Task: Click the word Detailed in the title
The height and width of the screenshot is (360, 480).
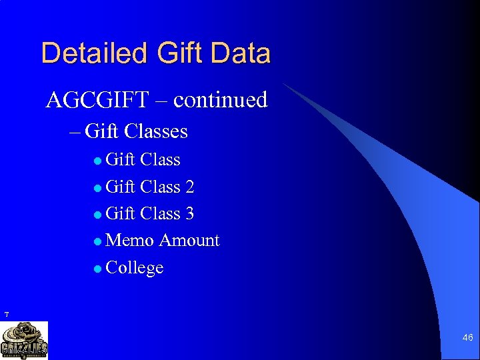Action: tap(83, 53)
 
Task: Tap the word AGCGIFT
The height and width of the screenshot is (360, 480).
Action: tap(97, 100)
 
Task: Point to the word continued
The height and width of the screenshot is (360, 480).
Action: tap(220, 100)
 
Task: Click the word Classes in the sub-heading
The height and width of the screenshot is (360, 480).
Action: tap(155, 131)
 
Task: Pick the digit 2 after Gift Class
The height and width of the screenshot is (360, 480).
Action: tap(189, 187)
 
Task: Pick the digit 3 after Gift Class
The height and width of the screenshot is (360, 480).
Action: tap(189, 213)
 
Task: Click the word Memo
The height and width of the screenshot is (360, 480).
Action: tap(130, 240)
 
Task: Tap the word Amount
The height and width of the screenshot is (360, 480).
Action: tap(189, 240)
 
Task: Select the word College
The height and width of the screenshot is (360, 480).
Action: tap(135, 267)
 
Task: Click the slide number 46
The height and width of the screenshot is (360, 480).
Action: tap(467, 339)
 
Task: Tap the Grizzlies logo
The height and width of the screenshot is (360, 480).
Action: tap(24, 340)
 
